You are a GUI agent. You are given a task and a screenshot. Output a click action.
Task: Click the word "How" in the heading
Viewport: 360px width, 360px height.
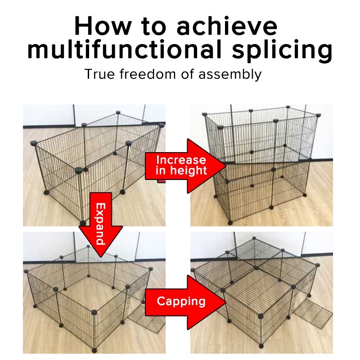click(x=103, y=26)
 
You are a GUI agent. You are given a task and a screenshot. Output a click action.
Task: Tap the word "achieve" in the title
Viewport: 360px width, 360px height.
click(x=227, y=26)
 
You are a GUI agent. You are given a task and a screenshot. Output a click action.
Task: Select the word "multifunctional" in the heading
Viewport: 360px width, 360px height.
click(x=125, y=49)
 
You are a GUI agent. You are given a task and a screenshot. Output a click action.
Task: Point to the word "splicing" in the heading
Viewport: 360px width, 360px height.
click(x=282, y=51)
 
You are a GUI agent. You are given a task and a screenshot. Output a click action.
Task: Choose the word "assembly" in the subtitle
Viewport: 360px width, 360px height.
click(x=230, y=75)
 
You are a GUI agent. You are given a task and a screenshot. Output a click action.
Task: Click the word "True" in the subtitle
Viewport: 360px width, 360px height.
click(x=99, y=74)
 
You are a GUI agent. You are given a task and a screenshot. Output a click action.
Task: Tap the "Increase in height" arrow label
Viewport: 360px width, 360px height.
click(x=181, y=165)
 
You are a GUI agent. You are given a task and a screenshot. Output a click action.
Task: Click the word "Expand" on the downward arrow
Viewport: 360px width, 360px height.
click(x=100, y=224)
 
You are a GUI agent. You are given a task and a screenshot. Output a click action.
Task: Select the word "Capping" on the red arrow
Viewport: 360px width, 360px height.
click(x=181, y=301)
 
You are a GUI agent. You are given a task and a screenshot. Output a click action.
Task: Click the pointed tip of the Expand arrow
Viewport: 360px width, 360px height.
click(x=100, y=256)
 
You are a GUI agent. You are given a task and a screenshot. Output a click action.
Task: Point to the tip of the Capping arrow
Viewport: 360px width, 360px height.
click(x=226, y=302)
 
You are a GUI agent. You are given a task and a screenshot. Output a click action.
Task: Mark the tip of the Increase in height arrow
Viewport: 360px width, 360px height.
click(x=226, y=166)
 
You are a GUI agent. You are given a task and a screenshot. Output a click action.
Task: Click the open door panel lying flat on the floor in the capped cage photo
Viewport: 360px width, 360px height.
click(x=313, y=314)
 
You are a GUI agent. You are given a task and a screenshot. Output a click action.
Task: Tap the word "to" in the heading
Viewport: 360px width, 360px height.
click(x=153, y=26)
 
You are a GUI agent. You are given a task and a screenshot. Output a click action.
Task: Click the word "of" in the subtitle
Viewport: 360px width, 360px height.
click(x=187, y=74)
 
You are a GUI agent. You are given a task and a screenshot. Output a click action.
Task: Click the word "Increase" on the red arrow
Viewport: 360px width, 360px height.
click(x=181, y=160)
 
